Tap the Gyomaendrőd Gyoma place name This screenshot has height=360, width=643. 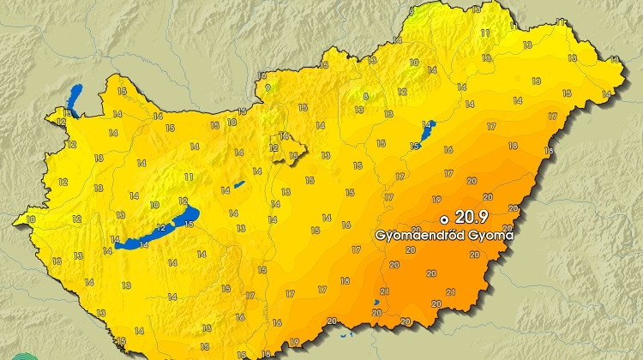(444, 235)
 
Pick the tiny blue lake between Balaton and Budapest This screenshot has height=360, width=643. (240, 184)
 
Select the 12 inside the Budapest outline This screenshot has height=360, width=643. (274, 147)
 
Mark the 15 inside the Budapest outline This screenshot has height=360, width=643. (294, 156)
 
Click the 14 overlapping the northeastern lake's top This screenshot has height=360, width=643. (426, 124)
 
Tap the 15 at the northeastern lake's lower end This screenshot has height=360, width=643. (416, 146)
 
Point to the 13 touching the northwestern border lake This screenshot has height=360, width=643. (64, 111)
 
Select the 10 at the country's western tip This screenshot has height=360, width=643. (32, 219)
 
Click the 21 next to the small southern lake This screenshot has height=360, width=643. (383, 292)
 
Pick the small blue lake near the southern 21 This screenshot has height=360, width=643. (376, 303)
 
